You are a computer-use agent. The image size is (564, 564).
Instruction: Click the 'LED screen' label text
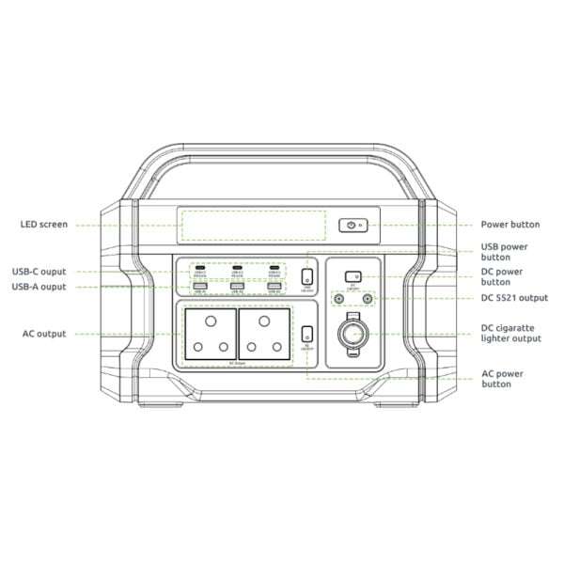click(45, 225)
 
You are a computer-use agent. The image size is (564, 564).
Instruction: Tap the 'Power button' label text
click(509, 225)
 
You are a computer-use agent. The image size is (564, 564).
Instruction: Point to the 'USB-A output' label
click(39, 287)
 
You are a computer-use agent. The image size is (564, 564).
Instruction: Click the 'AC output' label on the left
click(44, 334)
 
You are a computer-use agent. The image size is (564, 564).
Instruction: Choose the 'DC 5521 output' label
click(513, 298)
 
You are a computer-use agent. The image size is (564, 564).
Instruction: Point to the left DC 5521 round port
click(338, 299)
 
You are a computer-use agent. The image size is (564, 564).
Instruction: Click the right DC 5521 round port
click(368, 299)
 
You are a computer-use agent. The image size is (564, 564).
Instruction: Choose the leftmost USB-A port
click(199, 286)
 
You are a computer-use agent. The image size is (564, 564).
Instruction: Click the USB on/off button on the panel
click(306, 275)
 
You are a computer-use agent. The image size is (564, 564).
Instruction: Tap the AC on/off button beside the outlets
click(307, 332)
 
